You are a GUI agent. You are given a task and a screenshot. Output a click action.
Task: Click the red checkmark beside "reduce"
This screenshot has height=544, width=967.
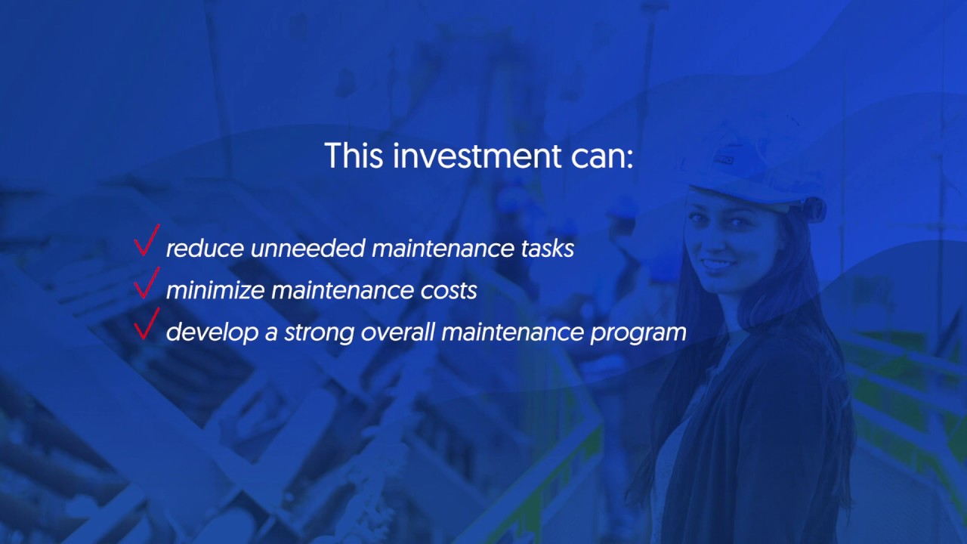point(146,241)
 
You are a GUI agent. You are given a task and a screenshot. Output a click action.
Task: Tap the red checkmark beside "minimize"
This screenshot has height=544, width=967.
point(146,283)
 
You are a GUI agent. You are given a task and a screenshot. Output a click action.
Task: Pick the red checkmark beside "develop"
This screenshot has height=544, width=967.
point(146,325)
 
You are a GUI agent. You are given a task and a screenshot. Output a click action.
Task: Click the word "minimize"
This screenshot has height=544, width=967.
point(215,291)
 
